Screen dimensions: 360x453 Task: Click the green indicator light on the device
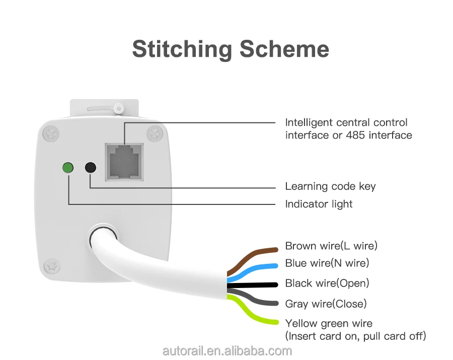point(67,167)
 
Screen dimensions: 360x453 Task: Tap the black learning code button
point(91,167)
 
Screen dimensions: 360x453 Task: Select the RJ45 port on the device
point(124,162)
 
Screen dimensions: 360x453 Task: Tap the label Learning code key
point(330,186)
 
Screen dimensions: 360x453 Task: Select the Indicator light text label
point(319,204)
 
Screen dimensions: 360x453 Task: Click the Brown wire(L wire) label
point(331,246)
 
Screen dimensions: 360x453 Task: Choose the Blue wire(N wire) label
point(327,263)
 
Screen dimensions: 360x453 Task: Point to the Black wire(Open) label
point(327,283)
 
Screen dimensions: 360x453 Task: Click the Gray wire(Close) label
point(326,304)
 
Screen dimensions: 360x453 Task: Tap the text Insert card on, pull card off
point(355,336)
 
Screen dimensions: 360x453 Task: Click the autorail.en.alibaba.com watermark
point(227,351)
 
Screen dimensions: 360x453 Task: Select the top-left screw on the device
point(50,133)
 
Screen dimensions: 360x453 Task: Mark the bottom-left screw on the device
point(50,265)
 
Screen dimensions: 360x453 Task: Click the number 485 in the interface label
point(356,135)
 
